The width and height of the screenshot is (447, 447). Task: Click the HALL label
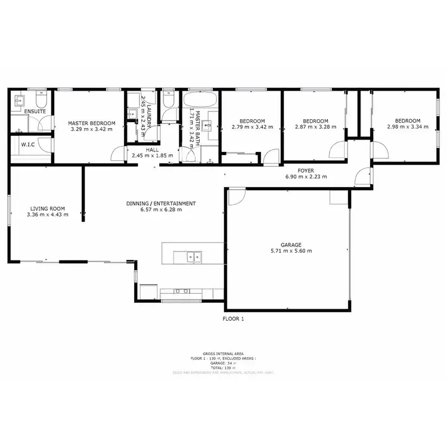coord(152,150)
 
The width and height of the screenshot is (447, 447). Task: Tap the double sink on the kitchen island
coord(193,257)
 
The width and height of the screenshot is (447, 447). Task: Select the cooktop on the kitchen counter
coord(182,291)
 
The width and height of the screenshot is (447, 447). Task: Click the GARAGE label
coord(291,244)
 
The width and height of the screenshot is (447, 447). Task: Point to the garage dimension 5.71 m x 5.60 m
coord(291,251)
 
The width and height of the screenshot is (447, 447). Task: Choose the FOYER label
coord(306,170)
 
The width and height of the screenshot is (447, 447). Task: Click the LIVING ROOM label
coord(48,209)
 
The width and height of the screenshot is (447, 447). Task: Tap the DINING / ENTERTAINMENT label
coord(161,203)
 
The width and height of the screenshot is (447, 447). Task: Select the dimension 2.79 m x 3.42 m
coord(252,126)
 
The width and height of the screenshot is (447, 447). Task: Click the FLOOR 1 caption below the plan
coord(233,319)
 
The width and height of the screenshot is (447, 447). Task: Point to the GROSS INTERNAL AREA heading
coord(222,353)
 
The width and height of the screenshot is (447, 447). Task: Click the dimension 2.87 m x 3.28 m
coord(316,126)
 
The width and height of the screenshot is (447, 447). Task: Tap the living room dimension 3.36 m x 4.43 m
coord(48,215)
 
